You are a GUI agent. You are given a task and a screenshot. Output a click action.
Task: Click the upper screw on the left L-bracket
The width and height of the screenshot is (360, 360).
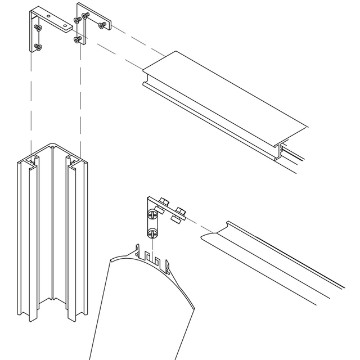[38, 27]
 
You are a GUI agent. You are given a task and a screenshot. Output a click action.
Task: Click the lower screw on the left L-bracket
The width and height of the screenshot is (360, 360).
[38, 47]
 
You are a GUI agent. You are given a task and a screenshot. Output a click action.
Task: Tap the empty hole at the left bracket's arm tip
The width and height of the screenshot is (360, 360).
[65, 25]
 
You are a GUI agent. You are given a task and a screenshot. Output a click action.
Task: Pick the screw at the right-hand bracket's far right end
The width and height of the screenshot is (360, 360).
[102, 25]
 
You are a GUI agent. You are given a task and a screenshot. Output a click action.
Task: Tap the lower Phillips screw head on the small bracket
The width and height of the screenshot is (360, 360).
[152, 233]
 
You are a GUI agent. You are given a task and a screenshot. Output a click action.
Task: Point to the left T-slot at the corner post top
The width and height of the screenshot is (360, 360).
[32, 163]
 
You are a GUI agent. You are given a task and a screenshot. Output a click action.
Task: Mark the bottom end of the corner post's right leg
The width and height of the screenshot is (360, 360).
[72, 317]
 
